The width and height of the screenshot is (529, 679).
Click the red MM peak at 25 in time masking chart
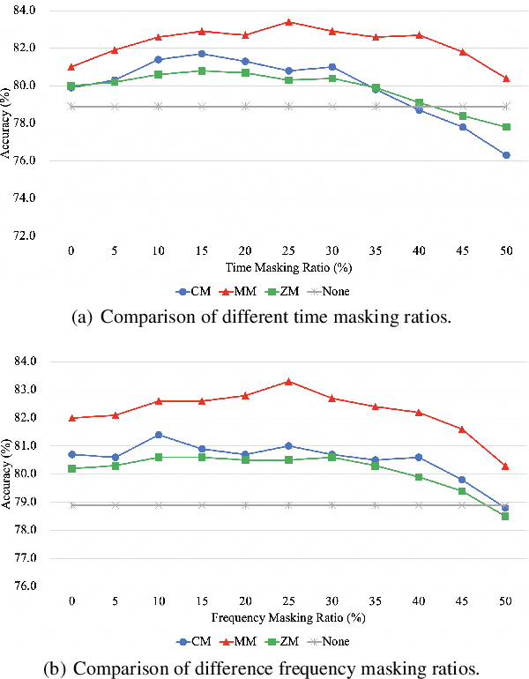click(288, 22)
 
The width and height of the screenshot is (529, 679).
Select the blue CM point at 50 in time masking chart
click(506, 155)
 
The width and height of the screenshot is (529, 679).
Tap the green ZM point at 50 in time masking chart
click(506, 127)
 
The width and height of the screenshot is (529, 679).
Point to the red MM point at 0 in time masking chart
click(71, 66)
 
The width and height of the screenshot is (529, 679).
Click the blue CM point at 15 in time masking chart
click(201, 54)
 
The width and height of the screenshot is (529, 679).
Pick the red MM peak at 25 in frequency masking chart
click(288, 382)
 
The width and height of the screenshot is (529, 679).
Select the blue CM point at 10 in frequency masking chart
click(158, 435)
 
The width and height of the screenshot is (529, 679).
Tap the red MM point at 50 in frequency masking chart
click(506, 466)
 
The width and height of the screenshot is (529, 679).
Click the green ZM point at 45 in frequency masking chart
click(462, 490)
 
